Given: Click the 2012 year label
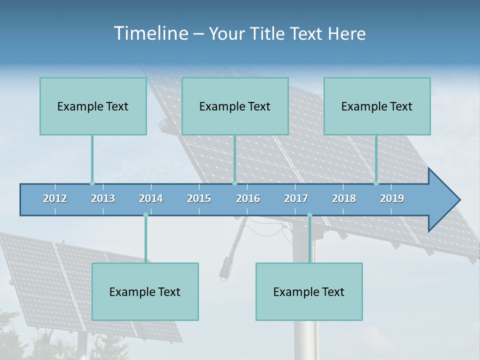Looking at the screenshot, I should [x=55, y=198].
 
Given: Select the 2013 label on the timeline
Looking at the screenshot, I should [x=103, y=198].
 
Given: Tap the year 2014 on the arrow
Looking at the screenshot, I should [x=151, y=198].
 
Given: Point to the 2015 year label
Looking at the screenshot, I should [x=199, y=198].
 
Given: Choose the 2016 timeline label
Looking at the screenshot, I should [x=248, y=198].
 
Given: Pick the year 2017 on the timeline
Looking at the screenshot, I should [x=296, y=198].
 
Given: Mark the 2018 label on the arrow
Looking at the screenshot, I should [x=344, y=198].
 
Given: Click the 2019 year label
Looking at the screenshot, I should [x=392, y=198].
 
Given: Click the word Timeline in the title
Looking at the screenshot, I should [x=150, y=33].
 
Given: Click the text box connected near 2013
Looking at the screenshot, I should [x=93, y=106].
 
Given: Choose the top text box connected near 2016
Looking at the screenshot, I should [x=235, y=106].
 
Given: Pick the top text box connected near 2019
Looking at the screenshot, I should [x=377, y=106].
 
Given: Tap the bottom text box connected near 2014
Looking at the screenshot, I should [x=145, y=291].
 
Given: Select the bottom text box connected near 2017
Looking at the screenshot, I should [x=309, y=291].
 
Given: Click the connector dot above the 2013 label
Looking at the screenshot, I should [x=92, y=183].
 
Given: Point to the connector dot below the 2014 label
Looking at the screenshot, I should [x=145, y=215].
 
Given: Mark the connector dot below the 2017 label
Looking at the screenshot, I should [x=309, y=215].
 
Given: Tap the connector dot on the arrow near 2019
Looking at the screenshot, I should [x=376, y=183].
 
